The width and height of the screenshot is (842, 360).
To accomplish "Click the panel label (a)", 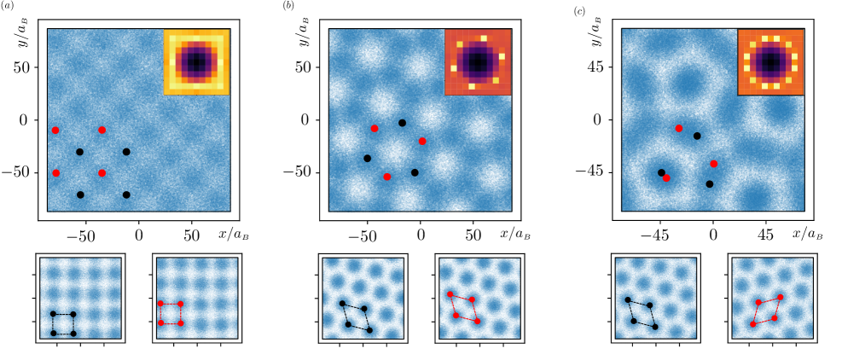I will (7, 6).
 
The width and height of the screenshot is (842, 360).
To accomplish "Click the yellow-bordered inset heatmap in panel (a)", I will (196, 61).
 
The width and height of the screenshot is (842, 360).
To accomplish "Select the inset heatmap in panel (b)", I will (477, 61).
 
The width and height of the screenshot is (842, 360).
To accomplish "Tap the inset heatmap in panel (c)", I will (770, 61).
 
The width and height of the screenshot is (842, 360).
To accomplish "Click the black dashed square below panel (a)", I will (63, 323).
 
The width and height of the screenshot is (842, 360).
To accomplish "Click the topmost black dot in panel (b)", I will (403, 123).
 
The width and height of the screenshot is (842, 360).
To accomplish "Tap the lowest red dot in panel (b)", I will (387, 177).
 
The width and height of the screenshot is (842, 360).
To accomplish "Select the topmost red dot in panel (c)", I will (679, 128).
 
